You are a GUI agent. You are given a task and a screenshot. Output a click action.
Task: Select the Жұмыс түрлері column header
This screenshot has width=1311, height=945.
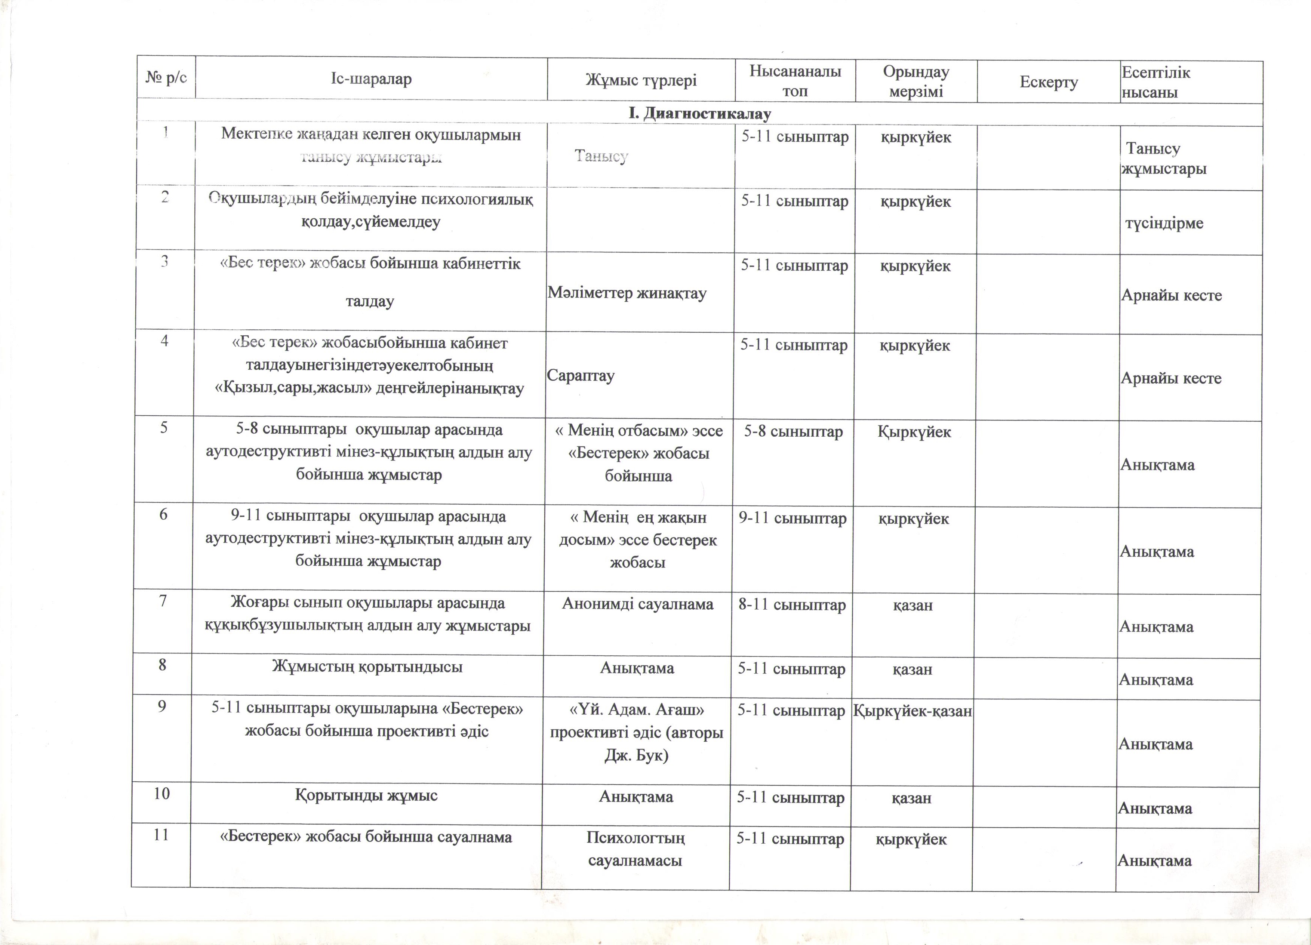coord(641,80)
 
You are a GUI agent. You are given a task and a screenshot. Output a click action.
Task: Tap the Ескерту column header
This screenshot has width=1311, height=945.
coord(1049,82)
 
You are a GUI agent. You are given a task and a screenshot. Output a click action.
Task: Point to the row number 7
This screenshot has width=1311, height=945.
coord(163,601)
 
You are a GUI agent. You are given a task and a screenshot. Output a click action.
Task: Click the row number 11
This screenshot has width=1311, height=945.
coord(161,835)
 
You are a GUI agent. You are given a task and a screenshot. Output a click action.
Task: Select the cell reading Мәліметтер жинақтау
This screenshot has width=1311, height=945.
coord(627,293)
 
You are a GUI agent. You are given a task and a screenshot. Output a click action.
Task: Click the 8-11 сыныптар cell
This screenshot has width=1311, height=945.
coord(792,605)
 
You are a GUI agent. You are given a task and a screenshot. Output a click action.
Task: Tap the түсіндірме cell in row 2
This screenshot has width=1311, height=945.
coord(1164,223)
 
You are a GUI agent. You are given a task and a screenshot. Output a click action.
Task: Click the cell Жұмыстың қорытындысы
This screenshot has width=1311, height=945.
coord(367,667)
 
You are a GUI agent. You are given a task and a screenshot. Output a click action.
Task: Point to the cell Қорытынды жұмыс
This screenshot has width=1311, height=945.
coord(366,795)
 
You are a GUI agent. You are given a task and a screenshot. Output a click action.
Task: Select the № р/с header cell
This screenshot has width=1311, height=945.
coord(166,77)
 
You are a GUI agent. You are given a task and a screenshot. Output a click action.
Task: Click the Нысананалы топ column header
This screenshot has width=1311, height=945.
coord(795,81)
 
